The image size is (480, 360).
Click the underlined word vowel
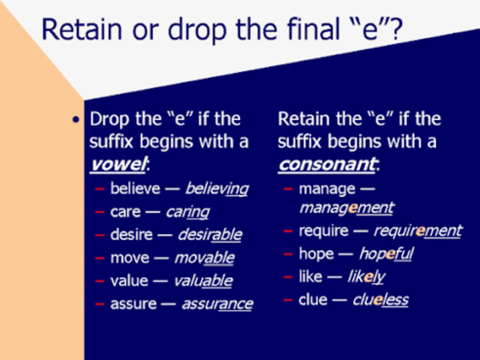(x=118, y=164)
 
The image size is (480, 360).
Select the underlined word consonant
(x=327, y=164)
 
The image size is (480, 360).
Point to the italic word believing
(x=217, y=189)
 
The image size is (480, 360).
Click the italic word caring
(x=188, y=212)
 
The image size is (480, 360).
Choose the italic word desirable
(x=210, y=235)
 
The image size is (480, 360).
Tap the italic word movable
(x=204, y=258)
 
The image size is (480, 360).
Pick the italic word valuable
(x=203, y=281)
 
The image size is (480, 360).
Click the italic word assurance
(x=217, y=304)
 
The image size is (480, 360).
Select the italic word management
(x=347, y=208)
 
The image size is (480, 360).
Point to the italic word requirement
(x=418, y=231)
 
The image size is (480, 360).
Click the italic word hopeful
(x=386, y=254)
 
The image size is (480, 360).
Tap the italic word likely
(x=366, y=277)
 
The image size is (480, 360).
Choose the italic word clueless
(x=380, y=300)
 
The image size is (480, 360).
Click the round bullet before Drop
(x=76, y=120)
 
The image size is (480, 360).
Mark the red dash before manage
(x=288, y=189)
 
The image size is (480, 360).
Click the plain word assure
(x=133, y=304)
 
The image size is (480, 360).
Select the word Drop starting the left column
(x=109, y=119)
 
